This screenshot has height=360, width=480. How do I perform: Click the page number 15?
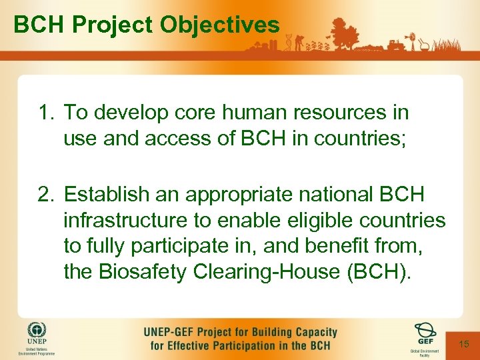464,343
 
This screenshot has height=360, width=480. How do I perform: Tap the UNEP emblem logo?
37,331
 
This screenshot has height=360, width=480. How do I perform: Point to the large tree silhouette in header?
344,33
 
